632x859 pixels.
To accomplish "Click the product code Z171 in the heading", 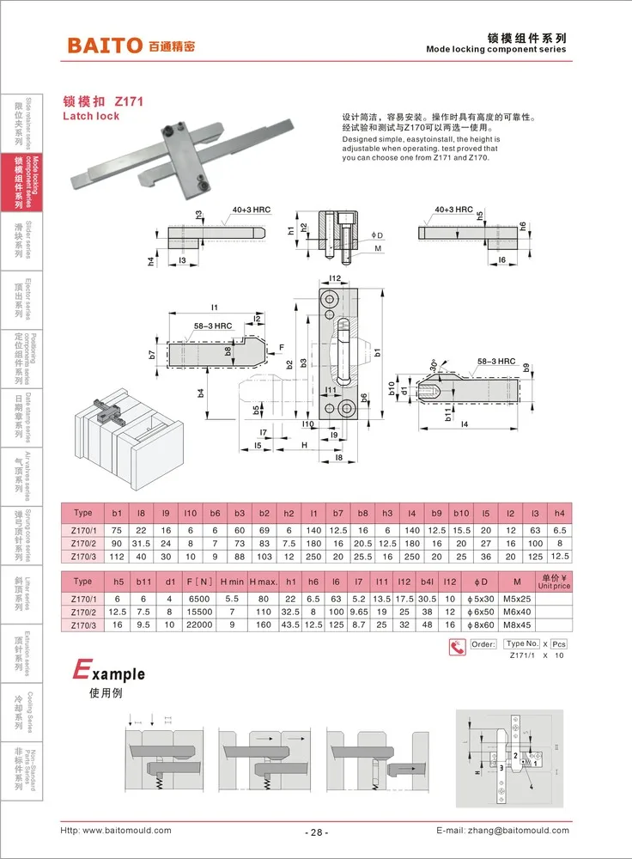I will click(x=128, y=101).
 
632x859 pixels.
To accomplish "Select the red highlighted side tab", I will click(x=18, y=182).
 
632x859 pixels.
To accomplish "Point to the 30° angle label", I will click(x=435, y=364).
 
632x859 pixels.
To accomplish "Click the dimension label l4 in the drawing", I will click(x=465, y=424).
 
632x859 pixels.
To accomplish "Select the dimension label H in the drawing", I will click(x=304, y=444).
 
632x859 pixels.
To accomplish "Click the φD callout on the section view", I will click(x=376, y=235).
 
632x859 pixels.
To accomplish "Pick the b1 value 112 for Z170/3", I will click(x=118, y=557).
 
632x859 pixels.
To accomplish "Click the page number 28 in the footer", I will click(x=315, y=832).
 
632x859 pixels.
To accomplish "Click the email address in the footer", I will click(x=503, y=831).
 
